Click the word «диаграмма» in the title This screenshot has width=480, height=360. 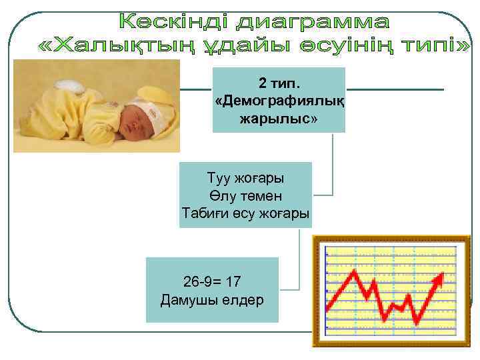(x=313, y=23)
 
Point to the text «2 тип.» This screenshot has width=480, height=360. (x=279, y=84)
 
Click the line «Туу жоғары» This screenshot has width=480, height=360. (x=245, y=179)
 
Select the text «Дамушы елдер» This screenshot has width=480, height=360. (x=212, y=299)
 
